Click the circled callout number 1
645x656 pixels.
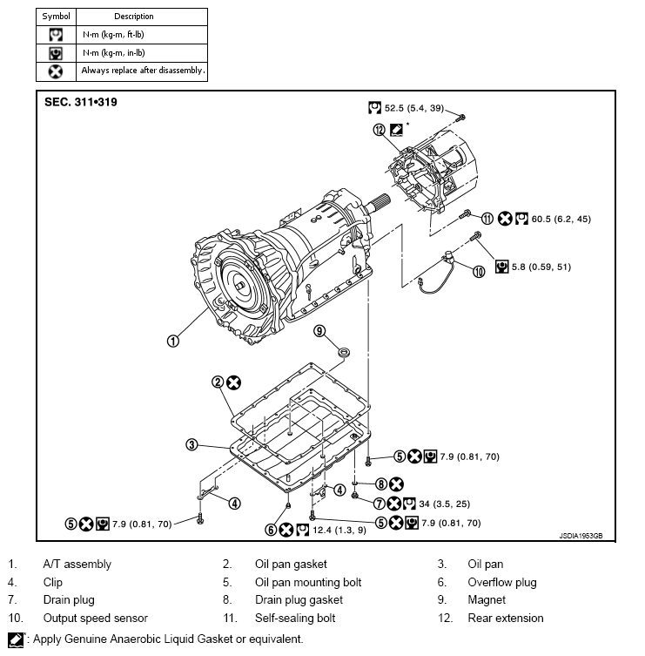click(x=172, y=341)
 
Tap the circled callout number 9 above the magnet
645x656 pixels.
click(x=319, y=331)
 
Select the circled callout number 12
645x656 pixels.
click(x=379, y=130)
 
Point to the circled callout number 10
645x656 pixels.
click(x=478, y=272)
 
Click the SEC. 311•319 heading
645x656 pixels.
click(x=81, y=102)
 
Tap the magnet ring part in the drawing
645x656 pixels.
click(x=344, y=351)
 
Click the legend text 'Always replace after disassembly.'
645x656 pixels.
click(x=143, y=71)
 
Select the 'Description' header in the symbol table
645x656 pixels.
click(x=133, y=17)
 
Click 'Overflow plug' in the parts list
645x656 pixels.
click(x=501, y=582)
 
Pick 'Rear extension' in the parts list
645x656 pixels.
click(x=505, y=618)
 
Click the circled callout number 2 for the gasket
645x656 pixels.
click(x=217, y=382)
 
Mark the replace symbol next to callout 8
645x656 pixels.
click(x=396, y=484)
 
